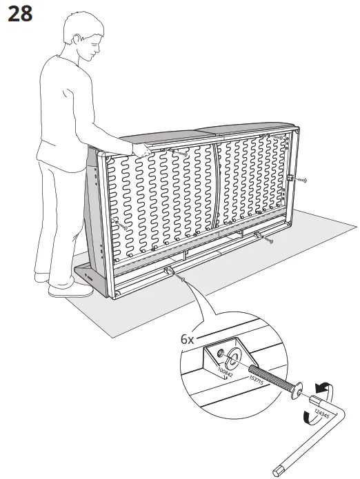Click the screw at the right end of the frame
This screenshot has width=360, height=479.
301,181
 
